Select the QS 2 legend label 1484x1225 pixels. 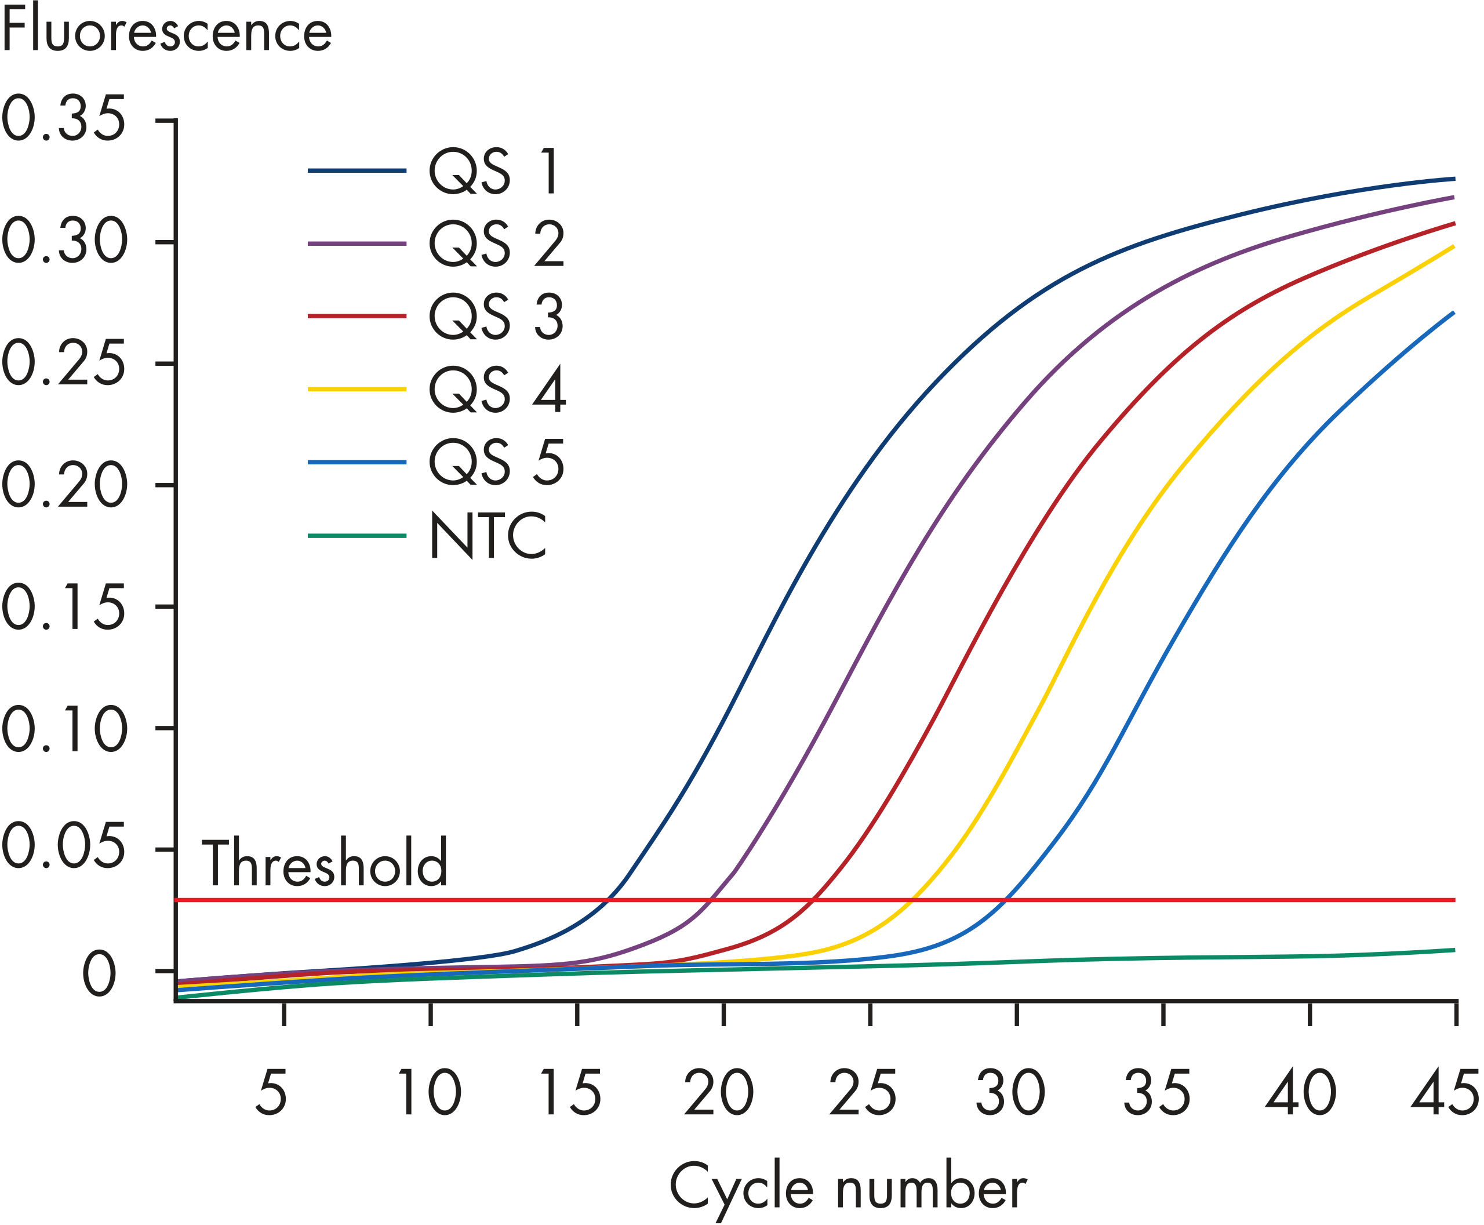497,244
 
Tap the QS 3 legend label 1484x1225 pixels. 497,317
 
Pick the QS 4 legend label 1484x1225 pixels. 497,390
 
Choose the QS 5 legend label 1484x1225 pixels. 497,462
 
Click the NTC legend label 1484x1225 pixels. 488,536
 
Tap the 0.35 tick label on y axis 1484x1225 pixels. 64,120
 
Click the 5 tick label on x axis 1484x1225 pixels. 271,1092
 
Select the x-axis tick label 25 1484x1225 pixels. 863,1092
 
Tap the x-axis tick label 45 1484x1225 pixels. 1444,1092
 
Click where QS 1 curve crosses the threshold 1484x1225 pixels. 606,900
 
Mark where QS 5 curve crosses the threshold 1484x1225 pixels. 1006,900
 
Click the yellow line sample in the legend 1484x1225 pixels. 357,390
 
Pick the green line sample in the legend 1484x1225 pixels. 357,536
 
